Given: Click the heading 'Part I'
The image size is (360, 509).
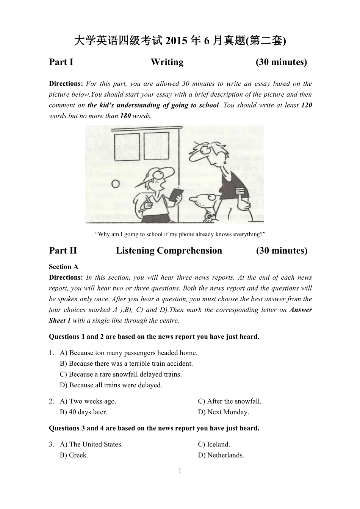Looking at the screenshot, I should pos(61,62).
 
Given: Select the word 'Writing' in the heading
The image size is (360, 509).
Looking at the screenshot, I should pos(167,62).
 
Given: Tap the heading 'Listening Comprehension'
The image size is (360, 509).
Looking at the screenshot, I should pos(169,251).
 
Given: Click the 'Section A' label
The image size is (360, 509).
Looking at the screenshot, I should pos(63,267).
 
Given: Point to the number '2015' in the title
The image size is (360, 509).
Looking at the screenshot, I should pos(177,41).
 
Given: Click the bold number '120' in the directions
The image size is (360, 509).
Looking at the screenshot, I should pos(306,105).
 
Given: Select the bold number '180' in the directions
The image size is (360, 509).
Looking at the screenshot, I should pos(125,116).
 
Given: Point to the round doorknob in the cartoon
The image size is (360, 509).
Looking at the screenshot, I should pos(115,185).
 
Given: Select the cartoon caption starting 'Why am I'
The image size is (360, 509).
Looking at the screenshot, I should pos(180,234).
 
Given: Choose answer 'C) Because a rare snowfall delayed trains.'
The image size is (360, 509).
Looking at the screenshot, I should pos(121,374).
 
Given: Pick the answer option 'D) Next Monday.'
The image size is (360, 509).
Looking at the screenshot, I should pos(223,412).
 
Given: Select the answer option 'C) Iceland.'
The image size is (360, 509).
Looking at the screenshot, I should pos(214,445).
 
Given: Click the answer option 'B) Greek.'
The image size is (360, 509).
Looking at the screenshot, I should pos(74,455).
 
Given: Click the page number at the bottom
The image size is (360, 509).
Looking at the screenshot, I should pos(180,471).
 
